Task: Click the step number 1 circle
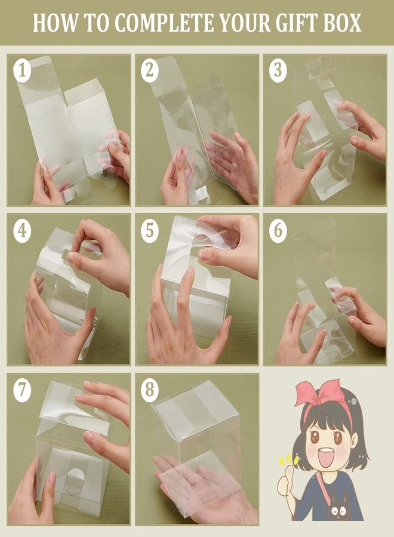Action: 22,70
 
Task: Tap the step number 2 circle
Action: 150,70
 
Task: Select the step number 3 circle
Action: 278,70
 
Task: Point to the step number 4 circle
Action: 22,231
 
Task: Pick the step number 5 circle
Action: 150,231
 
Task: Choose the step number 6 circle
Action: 278,231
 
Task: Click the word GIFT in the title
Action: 295,23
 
